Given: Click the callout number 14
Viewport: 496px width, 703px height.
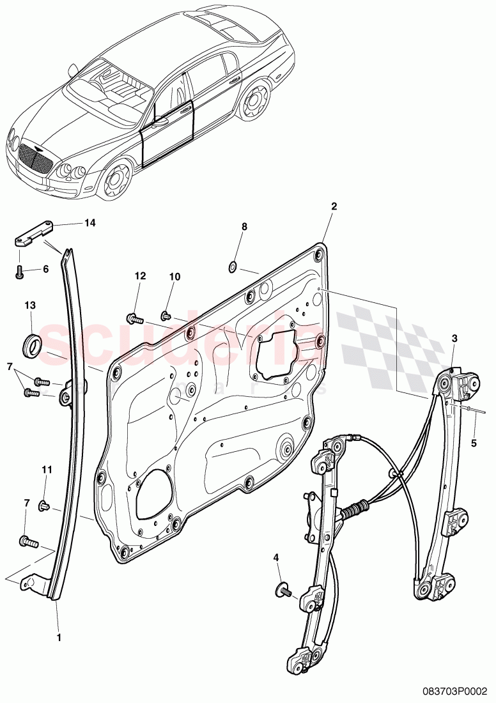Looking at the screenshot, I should tap(89, 223).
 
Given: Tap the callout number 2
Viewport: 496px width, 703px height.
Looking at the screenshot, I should tap(334, 206).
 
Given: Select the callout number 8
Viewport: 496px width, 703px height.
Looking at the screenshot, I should tap(244, 227).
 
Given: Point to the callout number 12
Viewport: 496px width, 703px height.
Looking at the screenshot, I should tap(140, 276).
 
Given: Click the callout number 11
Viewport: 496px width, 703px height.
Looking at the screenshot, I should tap(45, 470).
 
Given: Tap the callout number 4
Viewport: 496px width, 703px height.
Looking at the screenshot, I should tap(276, 558).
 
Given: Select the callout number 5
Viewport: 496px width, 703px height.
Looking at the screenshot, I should tap(474, 442).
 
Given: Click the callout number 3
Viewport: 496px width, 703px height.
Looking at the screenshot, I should tap(454, 338).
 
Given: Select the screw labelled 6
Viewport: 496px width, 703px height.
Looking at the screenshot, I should tap(19, 272).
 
